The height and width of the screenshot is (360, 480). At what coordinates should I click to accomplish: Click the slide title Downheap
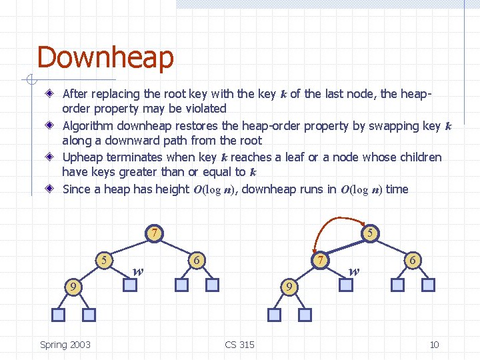(105, 57)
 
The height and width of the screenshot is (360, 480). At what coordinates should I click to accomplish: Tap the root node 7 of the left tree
(154, 233)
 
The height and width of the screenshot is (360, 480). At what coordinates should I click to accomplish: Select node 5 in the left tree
(103, 259)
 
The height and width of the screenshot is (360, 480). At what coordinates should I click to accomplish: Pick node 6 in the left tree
(197, 259)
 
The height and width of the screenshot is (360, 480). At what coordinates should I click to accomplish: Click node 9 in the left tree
(73, 287)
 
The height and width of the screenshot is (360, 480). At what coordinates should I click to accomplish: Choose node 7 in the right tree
(321, 259)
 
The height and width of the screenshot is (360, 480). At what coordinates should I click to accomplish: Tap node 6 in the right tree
(413, 259)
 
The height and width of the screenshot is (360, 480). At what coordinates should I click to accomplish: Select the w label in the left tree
(137, 271)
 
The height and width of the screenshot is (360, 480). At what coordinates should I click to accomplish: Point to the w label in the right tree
(354, 271)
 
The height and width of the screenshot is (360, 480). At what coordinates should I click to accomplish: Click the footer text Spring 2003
(65, 345)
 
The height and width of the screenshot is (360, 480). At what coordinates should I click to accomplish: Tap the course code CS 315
(239, 345)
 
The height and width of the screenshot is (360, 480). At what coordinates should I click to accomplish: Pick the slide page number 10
(434, 345)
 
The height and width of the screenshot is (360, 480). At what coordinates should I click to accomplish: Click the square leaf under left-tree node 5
(131, 285)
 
